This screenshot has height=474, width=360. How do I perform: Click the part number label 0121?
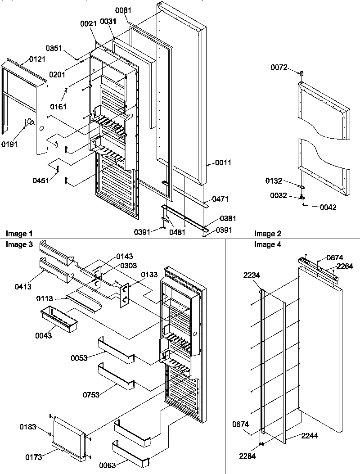[37, 59]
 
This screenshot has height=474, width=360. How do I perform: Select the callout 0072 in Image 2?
[278, 68]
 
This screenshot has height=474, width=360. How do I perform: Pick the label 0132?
[274, 181]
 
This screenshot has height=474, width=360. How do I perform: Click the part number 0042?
[328, 208]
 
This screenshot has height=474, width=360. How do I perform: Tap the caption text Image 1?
[19, 234]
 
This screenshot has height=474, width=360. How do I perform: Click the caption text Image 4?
[267, 245]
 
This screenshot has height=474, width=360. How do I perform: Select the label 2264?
[344, 266]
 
